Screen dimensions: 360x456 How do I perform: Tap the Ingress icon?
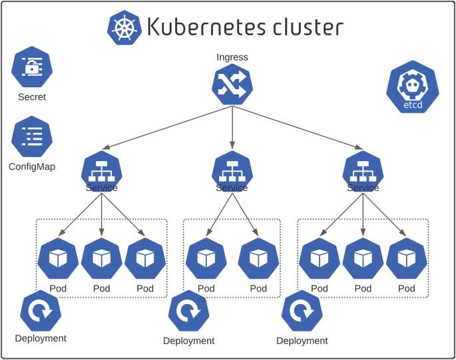click(x=232, y=85)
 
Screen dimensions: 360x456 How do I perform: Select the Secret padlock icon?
click(x=32, y=67)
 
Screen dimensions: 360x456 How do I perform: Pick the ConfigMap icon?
click(x=32, y=136)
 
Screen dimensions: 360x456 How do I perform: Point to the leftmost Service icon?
click(x=101, y=170)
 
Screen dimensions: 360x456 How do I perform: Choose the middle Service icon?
click(x=232, y=170)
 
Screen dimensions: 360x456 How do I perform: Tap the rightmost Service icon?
click(x=363, y=170)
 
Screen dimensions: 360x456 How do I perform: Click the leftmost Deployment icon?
click(x=41, y=311)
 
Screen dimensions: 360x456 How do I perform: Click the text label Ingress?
click(x=232, y=57)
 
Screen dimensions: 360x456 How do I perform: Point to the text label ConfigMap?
click(x=32, y=166)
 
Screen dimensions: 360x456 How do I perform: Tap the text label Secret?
click(x=32, y=97)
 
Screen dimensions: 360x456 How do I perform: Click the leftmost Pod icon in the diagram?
click(x=59, y=259)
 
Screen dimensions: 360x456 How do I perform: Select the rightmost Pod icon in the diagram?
click(x=405, y=259)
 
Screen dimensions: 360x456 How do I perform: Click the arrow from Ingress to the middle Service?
click(x=232, y=126)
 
